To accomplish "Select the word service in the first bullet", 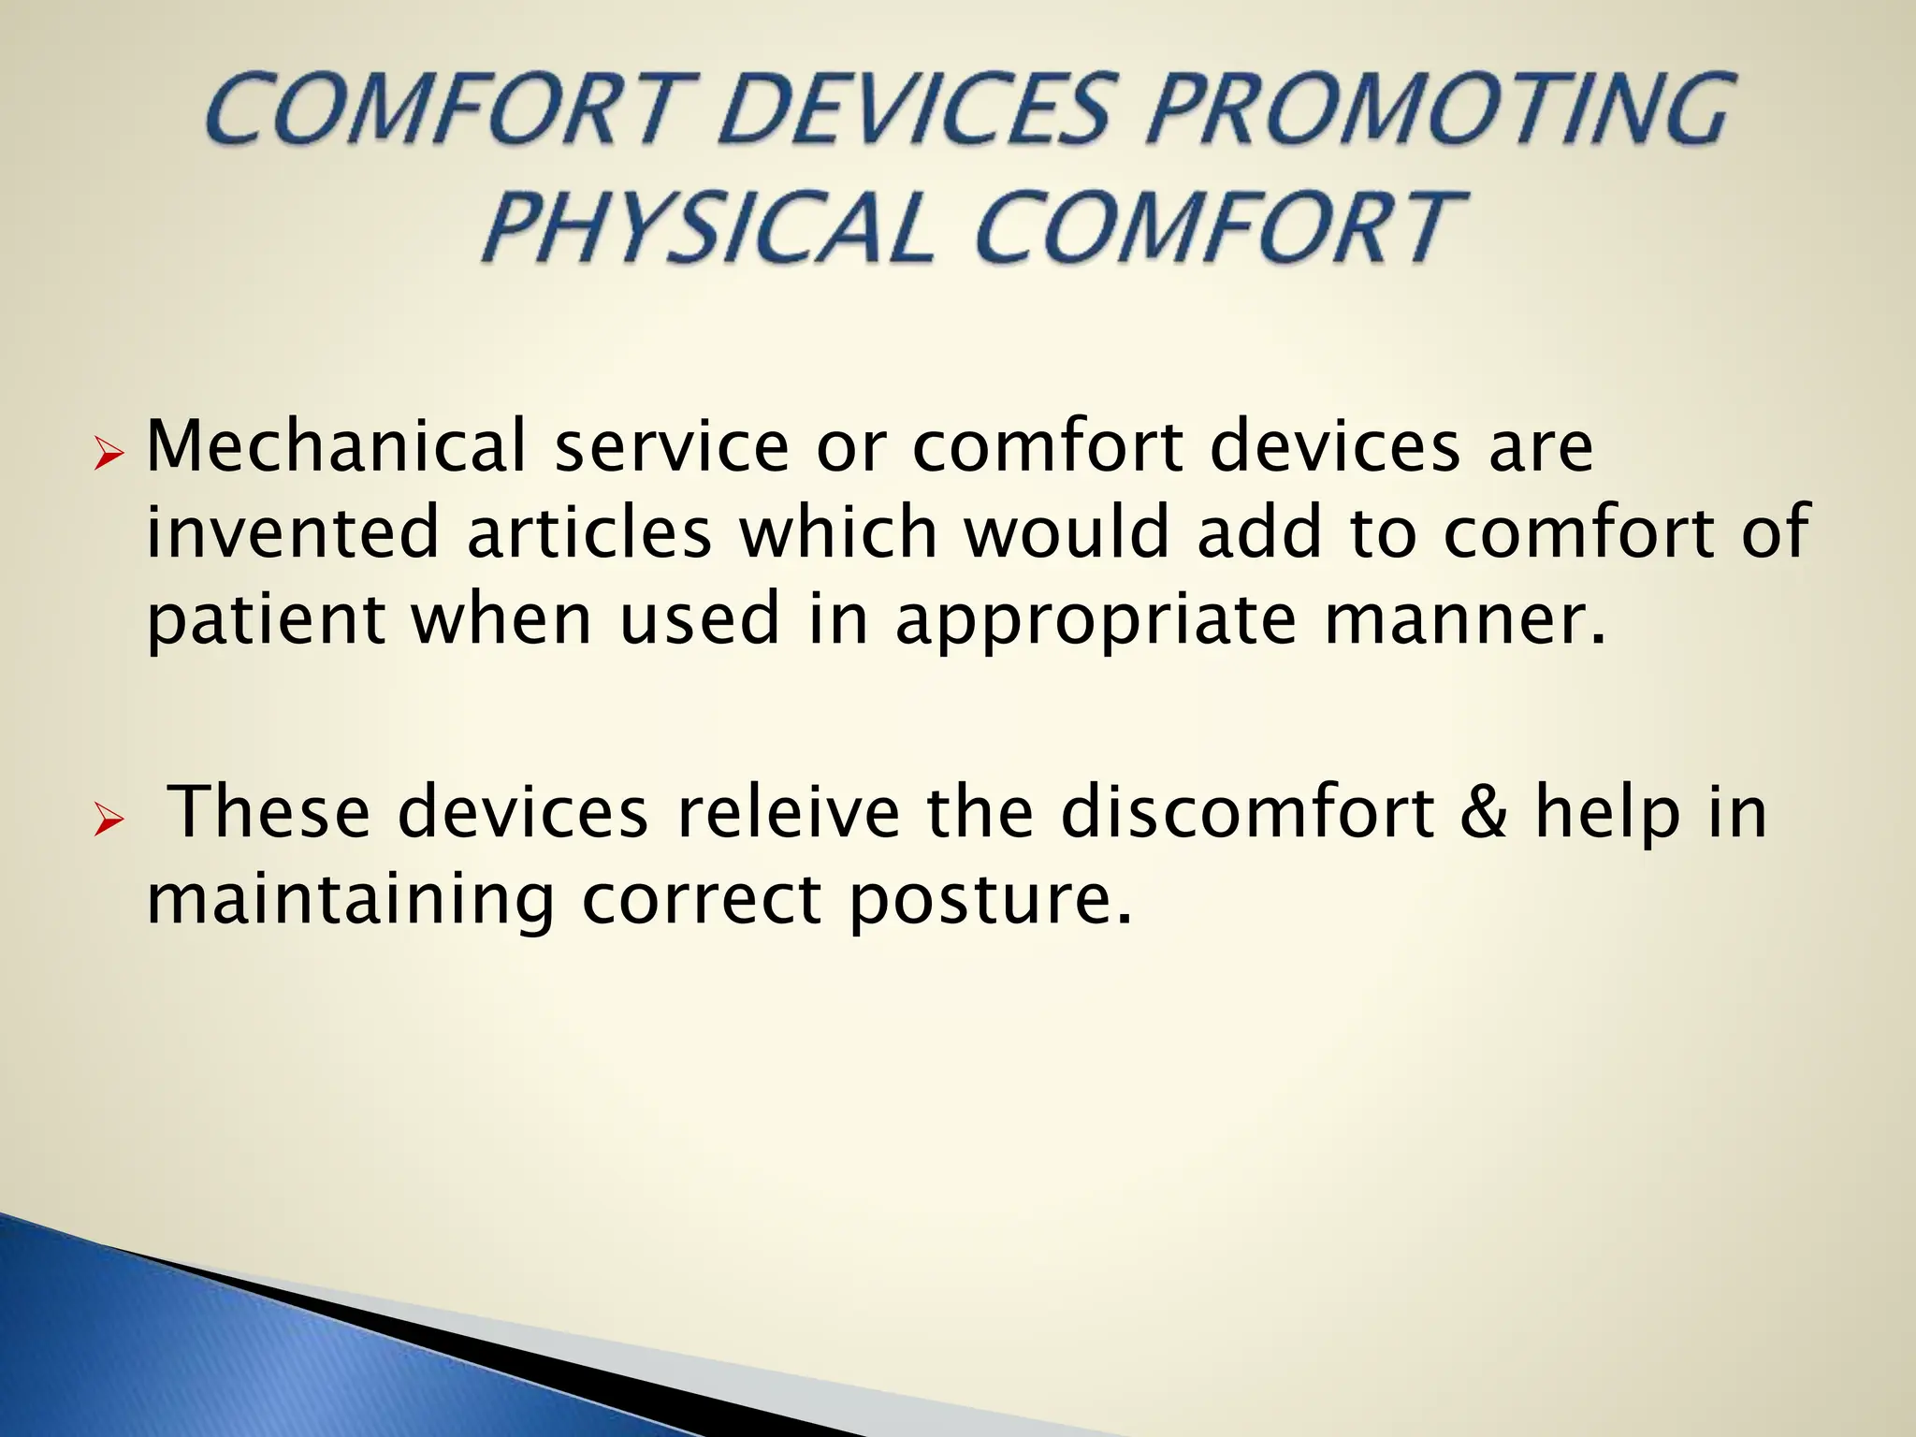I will [672, 446].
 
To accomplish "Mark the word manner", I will [1465, 621].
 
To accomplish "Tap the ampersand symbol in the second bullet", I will [1484, 811].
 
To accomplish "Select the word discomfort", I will [1247, 811].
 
